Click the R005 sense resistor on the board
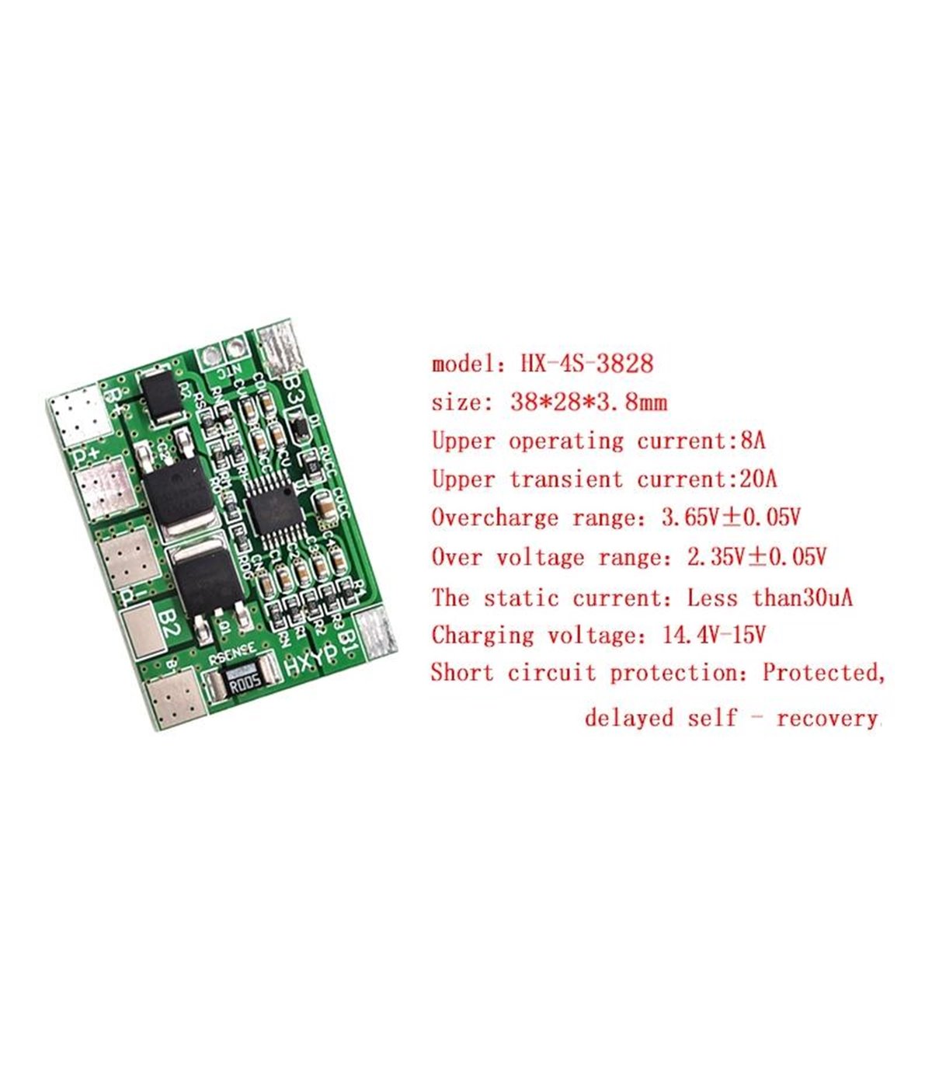click(x=242, y=683)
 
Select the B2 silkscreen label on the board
click(x=168, y=624)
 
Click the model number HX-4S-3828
click(x=587, y=364)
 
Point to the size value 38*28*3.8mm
click(x=589, y=402)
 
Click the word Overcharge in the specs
click(x=495, y=518)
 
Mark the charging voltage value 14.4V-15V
click(x=714, y=636)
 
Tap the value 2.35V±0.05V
click(x=756, y=557)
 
